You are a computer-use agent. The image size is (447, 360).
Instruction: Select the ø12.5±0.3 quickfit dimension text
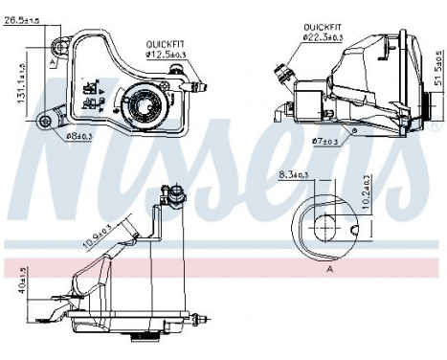tap(167, 54)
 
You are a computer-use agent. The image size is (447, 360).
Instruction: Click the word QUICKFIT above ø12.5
tap(165, 44)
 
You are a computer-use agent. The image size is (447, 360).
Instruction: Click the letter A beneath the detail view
tap(328, 270)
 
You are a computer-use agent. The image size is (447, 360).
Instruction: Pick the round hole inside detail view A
tap(324, 228)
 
